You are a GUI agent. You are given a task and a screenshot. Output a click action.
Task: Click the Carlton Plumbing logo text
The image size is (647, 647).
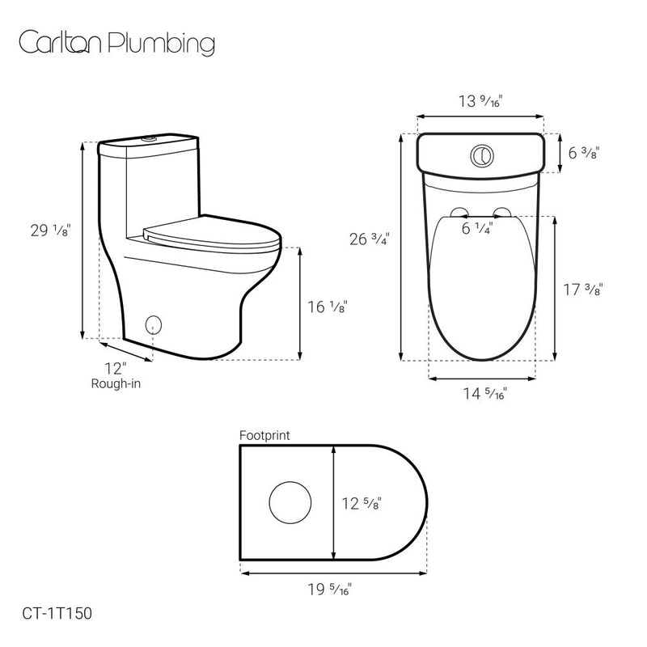click(116, 43)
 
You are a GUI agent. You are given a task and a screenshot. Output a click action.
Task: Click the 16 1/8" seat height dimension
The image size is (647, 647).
click(327, 307)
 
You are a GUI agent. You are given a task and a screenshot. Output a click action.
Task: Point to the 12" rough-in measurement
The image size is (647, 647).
click(116, 369)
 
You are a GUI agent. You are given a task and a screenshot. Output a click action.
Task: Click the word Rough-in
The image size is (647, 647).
click(116, 383)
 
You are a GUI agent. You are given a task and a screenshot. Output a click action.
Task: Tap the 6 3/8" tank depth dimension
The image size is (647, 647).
click(582, 153)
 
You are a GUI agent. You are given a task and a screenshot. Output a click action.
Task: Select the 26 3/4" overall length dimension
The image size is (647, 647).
click(370, 239)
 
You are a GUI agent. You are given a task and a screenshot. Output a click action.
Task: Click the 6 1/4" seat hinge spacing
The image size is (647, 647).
click(477, 229)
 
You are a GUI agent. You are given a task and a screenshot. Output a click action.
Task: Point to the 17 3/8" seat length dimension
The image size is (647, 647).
click(584, 289)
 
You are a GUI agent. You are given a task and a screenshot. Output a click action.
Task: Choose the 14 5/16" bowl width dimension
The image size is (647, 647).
click(484, 395)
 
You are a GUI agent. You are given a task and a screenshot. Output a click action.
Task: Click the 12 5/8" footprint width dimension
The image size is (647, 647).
click(362, 503)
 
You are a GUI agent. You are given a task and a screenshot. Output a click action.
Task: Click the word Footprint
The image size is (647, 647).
click(264, 435)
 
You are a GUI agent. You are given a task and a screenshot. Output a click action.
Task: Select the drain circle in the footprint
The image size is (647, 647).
click(290, 501)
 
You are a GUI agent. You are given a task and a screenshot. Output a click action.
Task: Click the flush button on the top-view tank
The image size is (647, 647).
click(481, 153)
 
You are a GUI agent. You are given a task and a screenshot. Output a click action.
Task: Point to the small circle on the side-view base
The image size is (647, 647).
click(153, 325)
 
